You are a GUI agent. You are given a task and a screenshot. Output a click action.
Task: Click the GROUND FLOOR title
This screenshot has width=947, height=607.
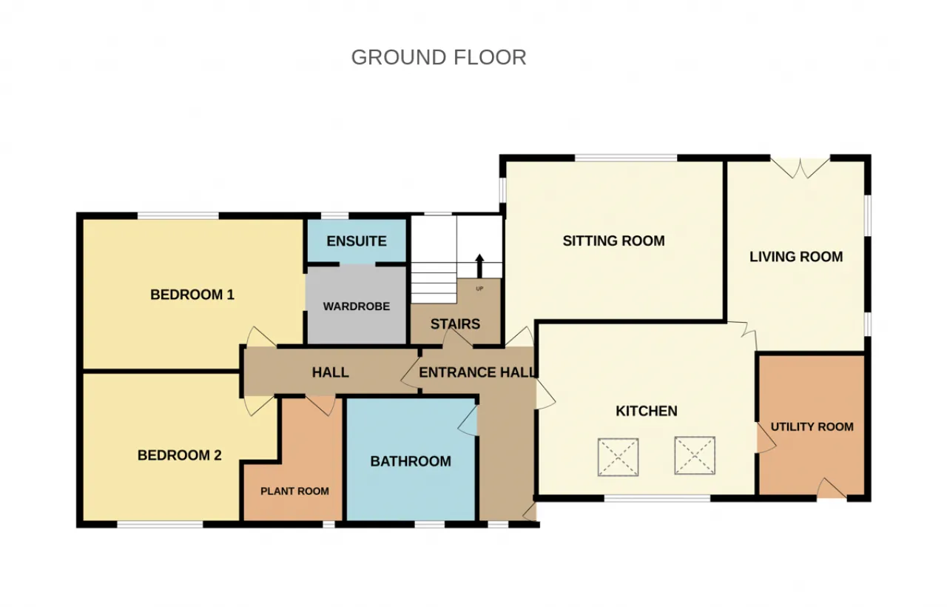tap(439, 58)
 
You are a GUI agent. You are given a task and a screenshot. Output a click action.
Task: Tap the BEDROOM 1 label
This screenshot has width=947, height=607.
tap(192, 295)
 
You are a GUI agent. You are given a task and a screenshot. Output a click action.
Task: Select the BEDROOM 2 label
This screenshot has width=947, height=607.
tap(180, 455)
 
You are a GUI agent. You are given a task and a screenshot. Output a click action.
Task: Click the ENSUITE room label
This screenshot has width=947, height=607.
tap(357, 241)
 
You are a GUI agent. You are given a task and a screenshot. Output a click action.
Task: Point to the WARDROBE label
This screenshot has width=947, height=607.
tap(357, 306)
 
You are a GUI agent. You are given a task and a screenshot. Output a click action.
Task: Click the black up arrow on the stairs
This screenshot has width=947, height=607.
tap(479, 266)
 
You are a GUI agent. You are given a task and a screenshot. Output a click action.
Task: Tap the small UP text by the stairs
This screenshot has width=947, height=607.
tap(479, 289)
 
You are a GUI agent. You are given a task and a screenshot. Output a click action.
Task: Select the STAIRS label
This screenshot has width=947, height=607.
tap(455, 324)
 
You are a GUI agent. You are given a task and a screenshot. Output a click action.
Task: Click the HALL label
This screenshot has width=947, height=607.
tap(331, 372)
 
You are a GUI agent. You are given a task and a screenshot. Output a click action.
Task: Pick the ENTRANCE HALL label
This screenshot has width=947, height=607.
tap(478, 372)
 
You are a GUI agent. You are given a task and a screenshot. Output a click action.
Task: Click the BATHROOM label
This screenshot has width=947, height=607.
tap(411, 461)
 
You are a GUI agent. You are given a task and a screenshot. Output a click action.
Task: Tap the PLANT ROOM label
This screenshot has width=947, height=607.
tap(294, 491)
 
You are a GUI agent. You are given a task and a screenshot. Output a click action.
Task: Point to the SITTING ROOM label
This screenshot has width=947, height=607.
tap(613, 241)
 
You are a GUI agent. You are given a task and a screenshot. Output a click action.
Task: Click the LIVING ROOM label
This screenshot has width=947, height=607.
tap(796, 257)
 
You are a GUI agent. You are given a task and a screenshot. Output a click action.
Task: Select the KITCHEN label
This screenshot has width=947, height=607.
tap(647, 411)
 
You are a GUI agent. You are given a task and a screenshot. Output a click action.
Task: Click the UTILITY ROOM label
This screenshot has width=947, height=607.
tap(812, 427)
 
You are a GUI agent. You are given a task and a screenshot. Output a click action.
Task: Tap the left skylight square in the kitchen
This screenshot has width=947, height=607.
tap(618, 457)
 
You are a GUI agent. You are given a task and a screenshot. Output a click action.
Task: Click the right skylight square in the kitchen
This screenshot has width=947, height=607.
tap(695, 455)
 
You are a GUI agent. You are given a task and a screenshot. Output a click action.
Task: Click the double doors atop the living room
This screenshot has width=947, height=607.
tap(800, 167)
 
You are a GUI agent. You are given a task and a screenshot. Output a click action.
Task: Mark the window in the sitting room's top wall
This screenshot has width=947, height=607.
tap(626, 158)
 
